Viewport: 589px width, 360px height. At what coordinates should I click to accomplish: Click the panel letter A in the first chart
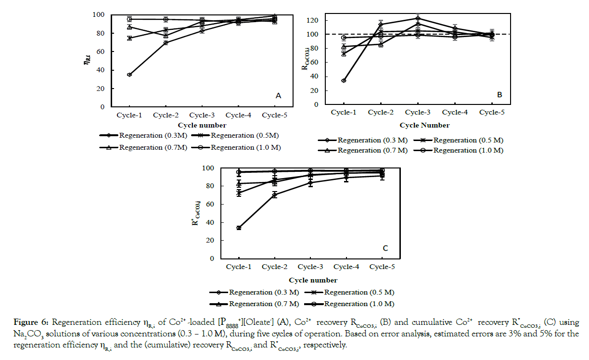[x=278, y=96]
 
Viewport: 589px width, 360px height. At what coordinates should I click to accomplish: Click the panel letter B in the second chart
[x=499, y=95]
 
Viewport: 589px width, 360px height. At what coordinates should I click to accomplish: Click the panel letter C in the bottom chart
[x=385, y=248]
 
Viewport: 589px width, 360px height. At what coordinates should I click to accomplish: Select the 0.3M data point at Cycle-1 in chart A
[x=130, y=75]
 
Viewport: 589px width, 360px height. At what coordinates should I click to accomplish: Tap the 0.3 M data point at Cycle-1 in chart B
[x=344, y=80]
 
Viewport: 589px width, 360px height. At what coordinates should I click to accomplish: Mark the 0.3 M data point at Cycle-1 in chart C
[x=239, y=228]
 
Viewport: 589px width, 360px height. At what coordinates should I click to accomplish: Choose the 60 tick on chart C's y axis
[x=210, y=204]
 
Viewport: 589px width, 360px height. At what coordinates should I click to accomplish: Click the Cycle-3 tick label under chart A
[x=202, y=116]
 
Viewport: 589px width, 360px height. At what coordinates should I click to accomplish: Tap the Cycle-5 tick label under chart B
[x=492, y=112]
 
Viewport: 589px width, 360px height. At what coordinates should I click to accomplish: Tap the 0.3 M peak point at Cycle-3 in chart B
[x=418, y=18]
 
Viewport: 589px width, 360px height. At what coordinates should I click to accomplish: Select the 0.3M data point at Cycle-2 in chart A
[x=166, y=43]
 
